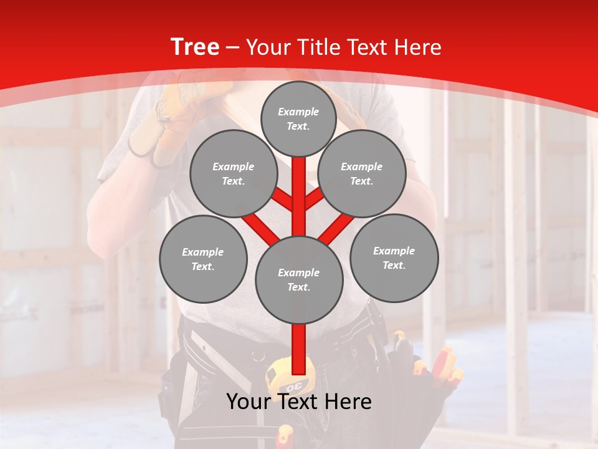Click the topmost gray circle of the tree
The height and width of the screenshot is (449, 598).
coord(298,118)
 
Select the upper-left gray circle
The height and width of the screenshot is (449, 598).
coord(233,173)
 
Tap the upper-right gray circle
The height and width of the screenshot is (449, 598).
coord(362,173)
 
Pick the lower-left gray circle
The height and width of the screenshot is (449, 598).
coord(203,259)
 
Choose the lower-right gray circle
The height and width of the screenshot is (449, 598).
coord(394,258)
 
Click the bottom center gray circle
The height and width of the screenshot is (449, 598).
coord(299,279)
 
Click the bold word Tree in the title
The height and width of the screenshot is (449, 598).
coord(195,47)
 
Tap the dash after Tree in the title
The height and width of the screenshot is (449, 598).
coord(233,48)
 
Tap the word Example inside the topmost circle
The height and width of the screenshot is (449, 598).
coord(298,112)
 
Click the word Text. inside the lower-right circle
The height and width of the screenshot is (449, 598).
coord(394,265)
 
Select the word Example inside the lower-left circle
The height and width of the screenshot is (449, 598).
coord(203,252)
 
